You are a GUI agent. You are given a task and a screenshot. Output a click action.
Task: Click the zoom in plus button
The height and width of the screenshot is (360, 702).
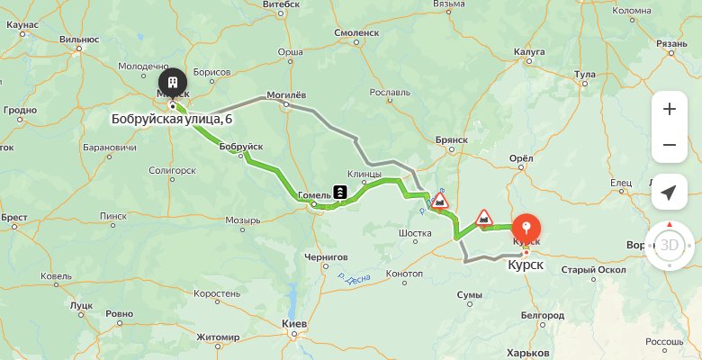[669, 110]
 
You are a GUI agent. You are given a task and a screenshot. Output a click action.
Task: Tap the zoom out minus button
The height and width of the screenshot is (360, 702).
[669, 145]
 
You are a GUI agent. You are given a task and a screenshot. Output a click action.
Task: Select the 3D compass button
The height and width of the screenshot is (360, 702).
[669, 245]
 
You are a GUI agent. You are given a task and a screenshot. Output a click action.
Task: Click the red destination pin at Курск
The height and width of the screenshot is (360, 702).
[526, 227]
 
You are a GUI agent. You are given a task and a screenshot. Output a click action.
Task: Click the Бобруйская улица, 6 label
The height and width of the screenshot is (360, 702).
[171, 119]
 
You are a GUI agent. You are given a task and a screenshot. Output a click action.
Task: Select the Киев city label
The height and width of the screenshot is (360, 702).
[295, 324]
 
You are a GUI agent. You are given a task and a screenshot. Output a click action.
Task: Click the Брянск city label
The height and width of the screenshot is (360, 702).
[450, 140]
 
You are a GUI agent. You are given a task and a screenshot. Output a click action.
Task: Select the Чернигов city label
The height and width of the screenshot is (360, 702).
[326, 256]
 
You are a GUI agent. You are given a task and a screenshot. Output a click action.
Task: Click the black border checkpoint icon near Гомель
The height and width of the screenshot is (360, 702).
[341, 192]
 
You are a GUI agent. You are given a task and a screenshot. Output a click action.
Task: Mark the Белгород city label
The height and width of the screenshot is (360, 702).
[542, 315]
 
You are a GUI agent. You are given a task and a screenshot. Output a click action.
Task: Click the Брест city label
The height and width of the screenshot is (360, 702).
[14, 217]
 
